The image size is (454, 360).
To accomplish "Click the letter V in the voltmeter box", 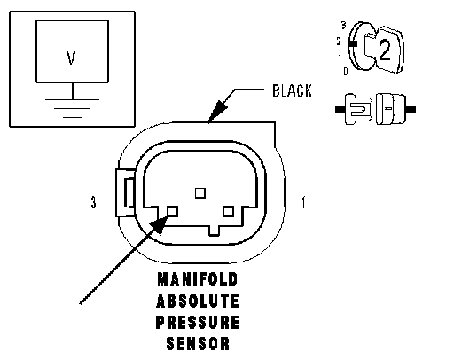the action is [71, 58].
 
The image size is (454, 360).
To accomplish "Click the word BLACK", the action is [292, 90].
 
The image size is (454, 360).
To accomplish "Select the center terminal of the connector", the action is [200, 193].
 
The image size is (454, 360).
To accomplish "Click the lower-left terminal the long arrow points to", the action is [172, 211].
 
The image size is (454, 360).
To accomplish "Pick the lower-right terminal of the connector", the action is [228, 212].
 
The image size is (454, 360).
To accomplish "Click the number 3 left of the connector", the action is [93, 203].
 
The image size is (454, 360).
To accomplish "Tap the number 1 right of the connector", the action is [303, 202].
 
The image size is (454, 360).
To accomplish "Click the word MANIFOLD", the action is [198, 279].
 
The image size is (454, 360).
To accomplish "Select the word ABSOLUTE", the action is [198, 301].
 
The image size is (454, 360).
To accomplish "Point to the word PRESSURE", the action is [198, 322].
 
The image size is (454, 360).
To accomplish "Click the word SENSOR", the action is [198, 343].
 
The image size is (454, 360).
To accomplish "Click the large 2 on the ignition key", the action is [384, 51].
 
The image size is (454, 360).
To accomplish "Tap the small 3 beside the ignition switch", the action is [343, 26].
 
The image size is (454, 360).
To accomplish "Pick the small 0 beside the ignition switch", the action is [346, 71].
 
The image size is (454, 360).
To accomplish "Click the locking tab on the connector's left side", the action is [125, 192].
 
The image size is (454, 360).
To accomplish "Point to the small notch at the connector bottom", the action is [214, 231].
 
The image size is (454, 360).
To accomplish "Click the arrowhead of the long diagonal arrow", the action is [159, 224].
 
